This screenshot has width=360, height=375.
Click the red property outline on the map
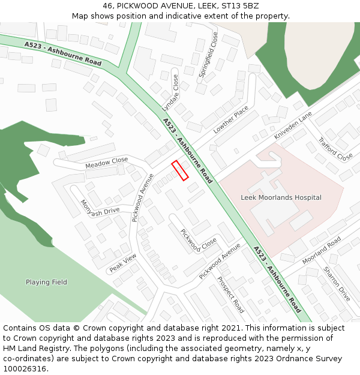[180, 170]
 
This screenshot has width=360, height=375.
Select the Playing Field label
[46, 282]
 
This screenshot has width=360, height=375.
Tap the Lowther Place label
[230, 119]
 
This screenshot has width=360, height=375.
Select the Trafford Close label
[335, 149]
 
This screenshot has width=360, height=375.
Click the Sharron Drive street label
[337, 284]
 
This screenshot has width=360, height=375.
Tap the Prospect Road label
[230, 295]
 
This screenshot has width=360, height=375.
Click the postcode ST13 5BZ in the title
[238, 5]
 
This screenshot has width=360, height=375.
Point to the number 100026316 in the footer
[25, 368]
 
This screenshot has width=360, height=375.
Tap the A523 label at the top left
[34, 45]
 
